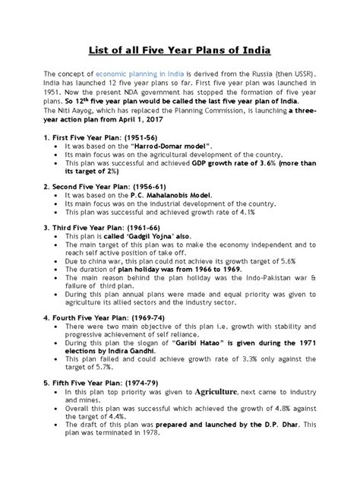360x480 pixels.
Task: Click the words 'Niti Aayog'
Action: [71, 109]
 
